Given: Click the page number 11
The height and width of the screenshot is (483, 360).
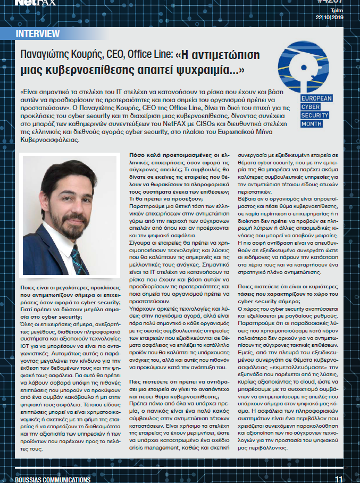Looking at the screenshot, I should (338, 479).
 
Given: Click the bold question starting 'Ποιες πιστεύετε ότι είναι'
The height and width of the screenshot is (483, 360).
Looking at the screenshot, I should (287, 292).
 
